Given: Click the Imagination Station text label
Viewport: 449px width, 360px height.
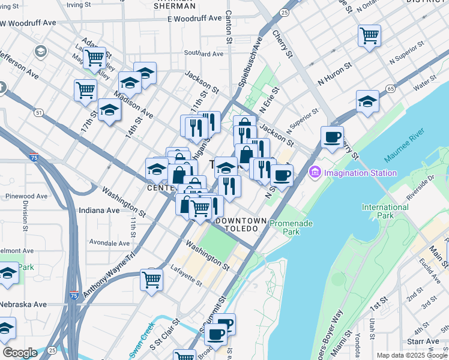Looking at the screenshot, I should (x=360, y=173).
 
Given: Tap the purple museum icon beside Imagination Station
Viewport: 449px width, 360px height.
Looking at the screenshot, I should (x=315, y=173).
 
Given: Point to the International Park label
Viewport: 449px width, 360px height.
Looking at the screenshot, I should (x=385, y=211).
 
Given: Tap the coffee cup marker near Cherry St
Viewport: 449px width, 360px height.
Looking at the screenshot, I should (x=332, y=137).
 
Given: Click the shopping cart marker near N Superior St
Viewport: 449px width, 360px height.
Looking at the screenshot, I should (x=369, y=34).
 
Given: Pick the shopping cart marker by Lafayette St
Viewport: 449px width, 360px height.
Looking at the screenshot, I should (x=151, y=279).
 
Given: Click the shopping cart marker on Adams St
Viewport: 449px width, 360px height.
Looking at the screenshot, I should (x=95, y=58).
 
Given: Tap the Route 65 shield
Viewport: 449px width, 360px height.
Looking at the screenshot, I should (x=391, y=88).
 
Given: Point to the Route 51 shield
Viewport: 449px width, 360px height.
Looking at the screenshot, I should (x=39, y=112).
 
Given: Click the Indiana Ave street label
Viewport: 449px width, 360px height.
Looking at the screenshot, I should (x=99, y=211).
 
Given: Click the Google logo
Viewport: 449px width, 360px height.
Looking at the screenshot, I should (x=20, y=353).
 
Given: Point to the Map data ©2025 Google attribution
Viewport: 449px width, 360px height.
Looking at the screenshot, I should (x=412, y=355).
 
